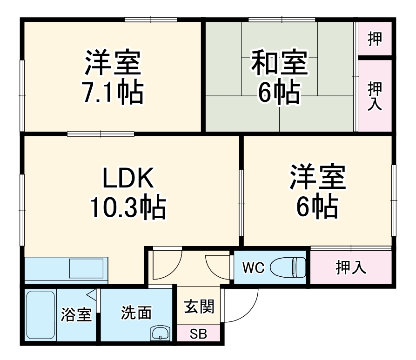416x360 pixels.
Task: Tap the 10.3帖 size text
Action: click(x=127, y=208)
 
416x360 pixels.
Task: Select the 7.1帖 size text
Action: click(x=113, y=92)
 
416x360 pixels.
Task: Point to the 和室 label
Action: click(x=279, y=63)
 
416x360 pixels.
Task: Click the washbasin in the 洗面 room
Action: click(x=161, y=333)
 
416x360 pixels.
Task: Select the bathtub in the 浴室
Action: click(x=41, y=316)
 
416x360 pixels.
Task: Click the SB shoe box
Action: click(x=199, y=334)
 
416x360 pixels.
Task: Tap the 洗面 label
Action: click(x=136, y=313)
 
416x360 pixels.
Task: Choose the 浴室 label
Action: click(x=76, y=315)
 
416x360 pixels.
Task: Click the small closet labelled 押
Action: click(x=375, y=39)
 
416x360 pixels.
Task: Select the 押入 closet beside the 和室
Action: click(x=375, y=95)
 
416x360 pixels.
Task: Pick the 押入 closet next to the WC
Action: click(x=350, y=267)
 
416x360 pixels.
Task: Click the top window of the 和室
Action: click(x=282, y=20)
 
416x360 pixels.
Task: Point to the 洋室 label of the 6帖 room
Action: click(x=318, y=177)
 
